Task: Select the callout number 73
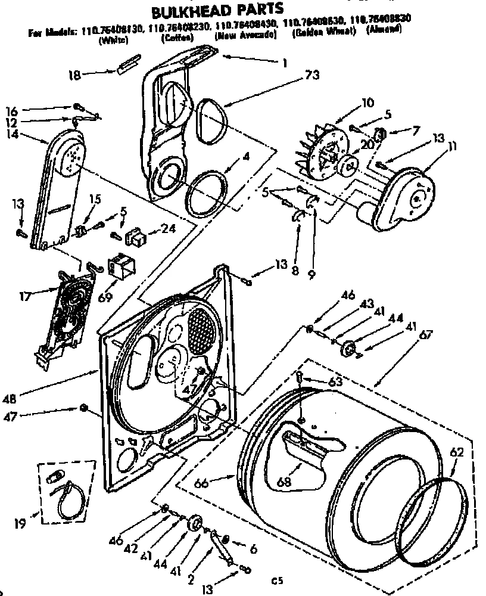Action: coord(312,75)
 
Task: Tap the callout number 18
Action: coord(74,74)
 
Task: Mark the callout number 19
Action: coord(20,525)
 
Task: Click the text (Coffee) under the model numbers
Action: coord(176,37)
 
